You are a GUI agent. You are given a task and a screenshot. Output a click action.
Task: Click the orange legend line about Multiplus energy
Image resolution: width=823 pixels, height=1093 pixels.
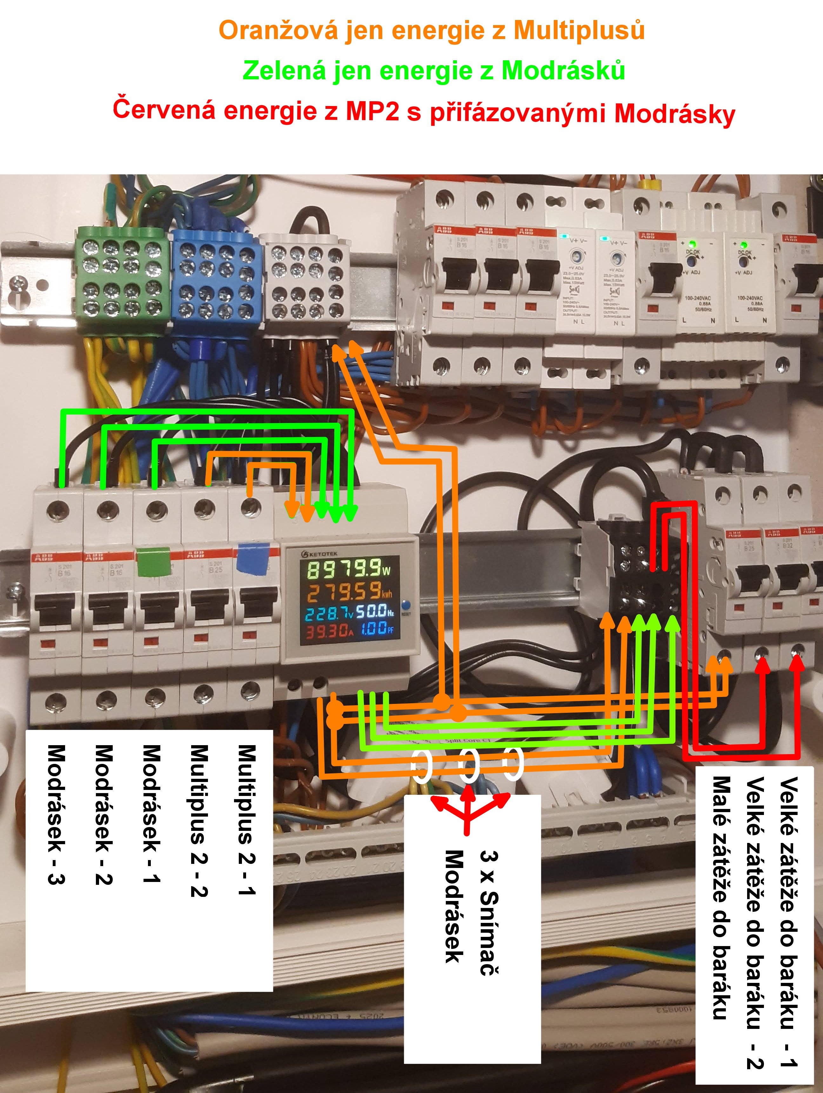pos(432,31)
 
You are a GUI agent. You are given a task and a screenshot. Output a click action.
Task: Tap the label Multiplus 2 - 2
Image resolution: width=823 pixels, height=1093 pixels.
pos(199,821)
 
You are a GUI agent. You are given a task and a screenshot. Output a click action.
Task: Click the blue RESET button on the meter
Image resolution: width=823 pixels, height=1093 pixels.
pos(406,605)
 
